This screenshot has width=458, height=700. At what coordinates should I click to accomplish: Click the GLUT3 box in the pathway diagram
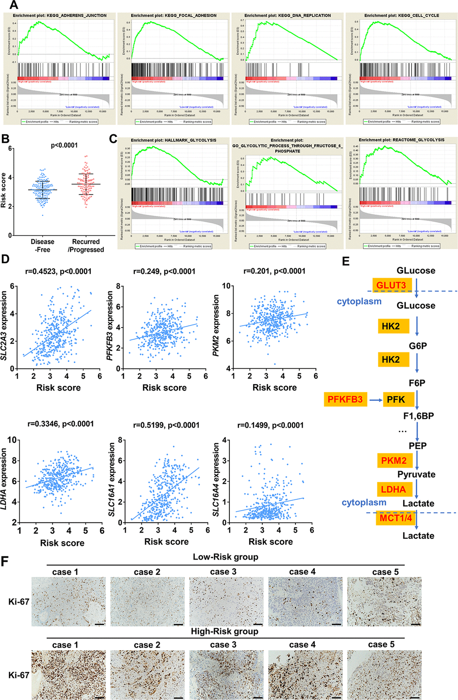coord(391,285)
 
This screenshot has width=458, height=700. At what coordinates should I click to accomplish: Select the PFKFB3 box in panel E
coord(345,399)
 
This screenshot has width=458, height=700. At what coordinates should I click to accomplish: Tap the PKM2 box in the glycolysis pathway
coord(394,460)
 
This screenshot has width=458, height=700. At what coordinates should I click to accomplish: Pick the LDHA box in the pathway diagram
coord(393,489)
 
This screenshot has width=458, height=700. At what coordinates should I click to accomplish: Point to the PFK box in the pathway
coord(396,399)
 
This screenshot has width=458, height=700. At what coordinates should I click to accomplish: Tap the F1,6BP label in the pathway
coord(418,416)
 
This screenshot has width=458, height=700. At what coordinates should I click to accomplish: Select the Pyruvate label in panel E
coord(416,474)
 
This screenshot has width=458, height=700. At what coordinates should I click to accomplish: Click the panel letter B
coord(5,138)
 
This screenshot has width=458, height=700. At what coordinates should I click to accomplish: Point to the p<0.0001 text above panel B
coord(64,145)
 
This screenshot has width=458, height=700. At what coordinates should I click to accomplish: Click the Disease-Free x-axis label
coord(43,245)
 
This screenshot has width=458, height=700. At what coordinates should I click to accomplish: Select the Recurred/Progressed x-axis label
coord(86,245)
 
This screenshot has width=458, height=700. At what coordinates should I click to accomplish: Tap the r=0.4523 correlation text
coord(59,271)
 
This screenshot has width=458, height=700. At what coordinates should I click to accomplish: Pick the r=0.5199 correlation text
coord(166,425)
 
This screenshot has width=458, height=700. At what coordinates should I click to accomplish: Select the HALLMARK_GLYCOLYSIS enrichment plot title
coord(174,140)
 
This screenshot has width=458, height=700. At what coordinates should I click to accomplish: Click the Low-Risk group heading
coord(225,557)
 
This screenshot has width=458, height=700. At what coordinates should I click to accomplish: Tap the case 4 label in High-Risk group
coord(302,645)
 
